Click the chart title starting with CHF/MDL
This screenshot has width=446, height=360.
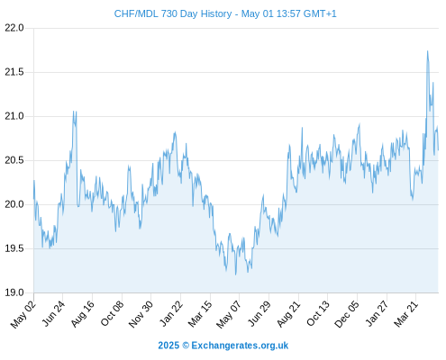tap(225, 13)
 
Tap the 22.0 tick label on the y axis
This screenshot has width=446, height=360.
tap(14, 28)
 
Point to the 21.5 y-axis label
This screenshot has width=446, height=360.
tap(14, 72)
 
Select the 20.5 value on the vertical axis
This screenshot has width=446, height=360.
tap(14, 160)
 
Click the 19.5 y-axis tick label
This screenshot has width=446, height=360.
tap(14, 248)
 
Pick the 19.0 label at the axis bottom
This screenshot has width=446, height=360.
tap(14, 292)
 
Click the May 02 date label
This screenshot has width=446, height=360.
tap(23, 314)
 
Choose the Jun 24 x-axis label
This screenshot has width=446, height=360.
tap(53, 313)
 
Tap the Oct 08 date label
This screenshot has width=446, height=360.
tap(112, 313)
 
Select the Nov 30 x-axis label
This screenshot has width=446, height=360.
tap(141, 314)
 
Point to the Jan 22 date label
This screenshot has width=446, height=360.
tap(171, 313)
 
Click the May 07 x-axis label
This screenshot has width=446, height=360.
tap(229, 314)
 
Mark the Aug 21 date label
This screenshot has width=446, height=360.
tap(288, 313)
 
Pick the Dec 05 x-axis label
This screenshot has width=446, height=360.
tap(347, 314)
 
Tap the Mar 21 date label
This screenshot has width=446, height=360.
tap(406, 313)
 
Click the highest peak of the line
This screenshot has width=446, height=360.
tap(427, 51)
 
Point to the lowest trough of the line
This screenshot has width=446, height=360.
tap(236, 274)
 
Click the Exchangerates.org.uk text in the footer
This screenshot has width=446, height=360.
tap(240, 346)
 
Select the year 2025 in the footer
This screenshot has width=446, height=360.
tap(168, 346)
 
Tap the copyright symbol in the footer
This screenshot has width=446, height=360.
tap(186, 346)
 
